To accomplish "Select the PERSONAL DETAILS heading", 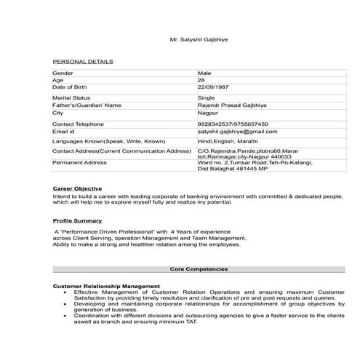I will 83,62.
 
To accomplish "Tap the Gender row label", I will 63,73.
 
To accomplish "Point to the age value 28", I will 201,80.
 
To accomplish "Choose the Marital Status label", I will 71,97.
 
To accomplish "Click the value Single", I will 207,97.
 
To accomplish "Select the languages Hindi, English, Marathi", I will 228,140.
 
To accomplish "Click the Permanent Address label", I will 79,162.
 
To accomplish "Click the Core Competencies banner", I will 199,269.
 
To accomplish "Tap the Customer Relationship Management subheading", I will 106,287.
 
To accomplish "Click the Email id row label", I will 64,132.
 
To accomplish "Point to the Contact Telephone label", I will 78,124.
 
